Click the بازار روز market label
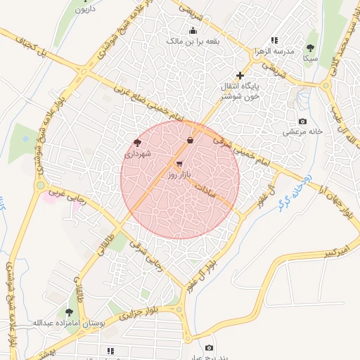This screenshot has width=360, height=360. click(x=179, y=173)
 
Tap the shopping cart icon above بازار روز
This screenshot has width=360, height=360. click(x=179, y=163)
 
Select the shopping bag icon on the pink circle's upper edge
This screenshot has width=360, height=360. click(x=190, y=141)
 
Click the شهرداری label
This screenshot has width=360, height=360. click(x=139, y=152)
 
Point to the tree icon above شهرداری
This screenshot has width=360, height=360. click(x=137, y=141)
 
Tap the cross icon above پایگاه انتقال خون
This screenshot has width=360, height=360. click(x=240, y=75)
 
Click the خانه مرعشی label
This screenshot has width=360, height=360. click(x=303, y=131)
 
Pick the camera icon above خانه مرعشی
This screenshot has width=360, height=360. click(x=303, y=122)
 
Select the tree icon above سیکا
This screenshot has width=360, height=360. click(x=310, y=48)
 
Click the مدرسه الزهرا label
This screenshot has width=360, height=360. click(x=274, y=51)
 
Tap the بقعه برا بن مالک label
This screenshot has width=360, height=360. click(x=193, y=41)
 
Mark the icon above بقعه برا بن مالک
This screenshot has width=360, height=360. click(x=193, y=30)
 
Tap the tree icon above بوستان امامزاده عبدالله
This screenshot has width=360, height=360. click(x=69, y=311)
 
